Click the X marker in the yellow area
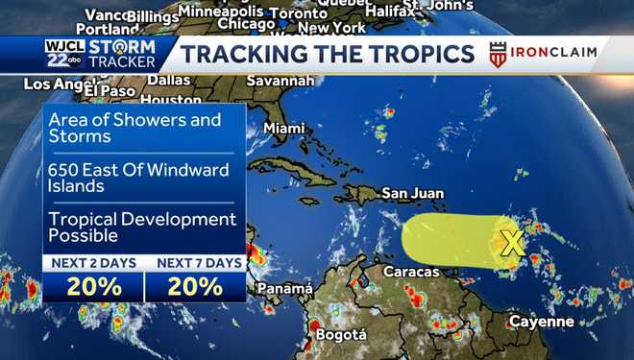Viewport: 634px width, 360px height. click(513, 244)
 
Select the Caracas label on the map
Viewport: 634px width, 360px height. click(410, 272)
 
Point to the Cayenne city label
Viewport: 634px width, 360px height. click(542, 321)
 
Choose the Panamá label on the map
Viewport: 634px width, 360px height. click(284, 288)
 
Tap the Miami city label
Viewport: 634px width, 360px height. click(283, 128)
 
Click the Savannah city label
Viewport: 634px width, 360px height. click(280, 81)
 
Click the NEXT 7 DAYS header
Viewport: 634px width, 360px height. click(195, 263)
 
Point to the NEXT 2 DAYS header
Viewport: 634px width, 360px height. click(93, 263)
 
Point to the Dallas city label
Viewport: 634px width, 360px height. click(169, 80)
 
